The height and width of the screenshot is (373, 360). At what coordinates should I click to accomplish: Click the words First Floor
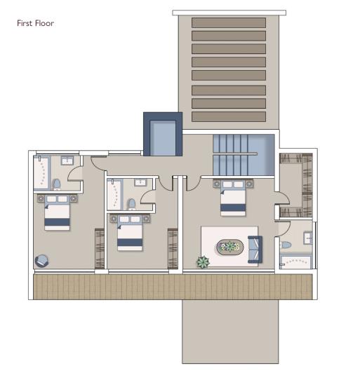[35, 23]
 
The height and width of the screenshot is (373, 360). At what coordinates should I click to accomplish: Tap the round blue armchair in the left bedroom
[41, 259]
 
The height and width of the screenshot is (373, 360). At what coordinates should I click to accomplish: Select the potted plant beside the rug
[203, 262]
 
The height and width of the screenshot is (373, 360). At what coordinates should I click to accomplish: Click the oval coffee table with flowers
[229, 247]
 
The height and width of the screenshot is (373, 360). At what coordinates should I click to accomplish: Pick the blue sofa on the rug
[253, 247]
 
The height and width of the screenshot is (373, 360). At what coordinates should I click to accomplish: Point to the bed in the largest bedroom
[233, 198]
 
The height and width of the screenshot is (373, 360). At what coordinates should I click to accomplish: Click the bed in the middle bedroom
[130, 232]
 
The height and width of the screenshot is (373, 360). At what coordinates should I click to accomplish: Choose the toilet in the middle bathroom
[131, 203]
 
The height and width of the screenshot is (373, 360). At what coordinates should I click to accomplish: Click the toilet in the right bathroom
[286, 245]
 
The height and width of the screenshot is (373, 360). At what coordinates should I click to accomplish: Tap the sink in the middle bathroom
[140, 182]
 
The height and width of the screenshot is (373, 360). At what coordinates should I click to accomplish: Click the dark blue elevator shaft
[163, 135]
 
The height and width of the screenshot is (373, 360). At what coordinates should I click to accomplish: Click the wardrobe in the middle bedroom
[172, 247]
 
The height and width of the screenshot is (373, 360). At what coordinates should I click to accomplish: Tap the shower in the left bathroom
[42, 173]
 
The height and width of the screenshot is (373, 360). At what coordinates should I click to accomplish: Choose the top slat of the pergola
[228, 22]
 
